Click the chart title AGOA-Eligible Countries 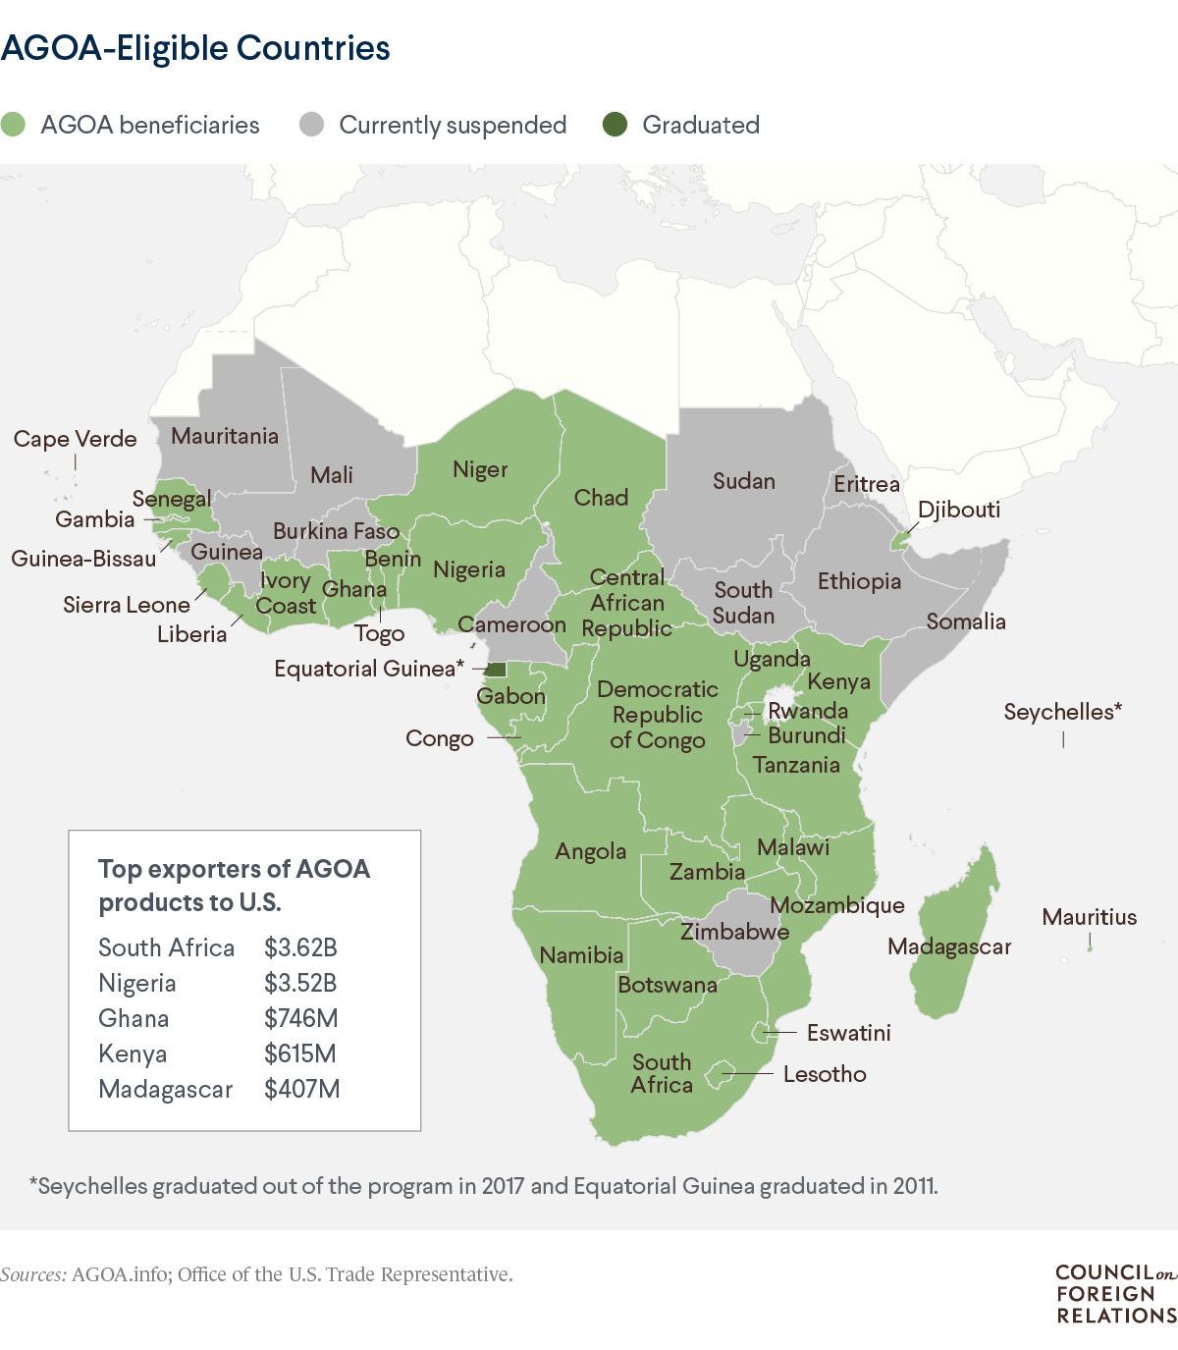click(195, 48)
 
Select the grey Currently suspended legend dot click(311, 125)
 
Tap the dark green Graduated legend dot click(615, 125)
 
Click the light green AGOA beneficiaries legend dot click(13, 125)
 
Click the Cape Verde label click(75, 439)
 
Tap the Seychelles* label click(1062, 712)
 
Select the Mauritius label click(1089, 917)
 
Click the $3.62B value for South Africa click(300, 947)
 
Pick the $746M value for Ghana click(300, 1018)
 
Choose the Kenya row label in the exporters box click(133, 1053)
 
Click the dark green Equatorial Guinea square click(497, 670)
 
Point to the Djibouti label click(958, 510)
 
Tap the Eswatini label click(848, 1033)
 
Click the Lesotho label click(825, 1074)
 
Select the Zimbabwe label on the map click(734, 932)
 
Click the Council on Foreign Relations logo click(1114, 1294)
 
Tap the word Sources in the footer click(33, 1274)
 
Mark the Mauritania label click(225, 436)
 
